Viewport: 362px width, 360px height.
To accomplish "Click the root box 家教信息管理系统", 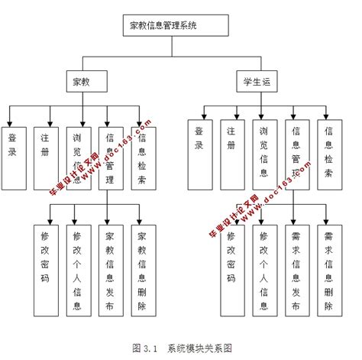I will coord(174,25).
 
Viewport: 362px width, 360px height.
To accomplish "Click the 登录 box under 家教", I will coord(14,157).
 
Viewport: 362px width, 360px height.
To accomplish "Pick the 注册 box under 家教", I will coord(45,157).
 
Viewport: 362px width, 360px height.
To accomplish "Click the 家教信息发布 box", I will coord(110,269).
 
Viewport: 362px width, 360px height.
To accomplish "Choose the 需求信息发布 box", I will coord(296,269).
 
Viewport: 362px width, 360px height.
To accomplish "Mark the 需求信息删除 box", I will coord(328,269).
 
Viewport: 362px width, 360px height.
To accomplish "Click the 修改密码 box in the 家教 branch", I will coord(45,269).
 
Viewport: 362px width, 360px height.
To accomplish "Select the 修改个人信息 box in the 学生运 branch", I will coord(263,269).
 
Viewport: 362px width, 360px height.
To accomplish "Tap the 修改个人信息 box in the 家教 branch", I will coord(77,269).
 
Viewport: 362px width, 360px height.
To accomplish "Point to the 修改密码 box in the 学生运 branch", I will coord(231,269).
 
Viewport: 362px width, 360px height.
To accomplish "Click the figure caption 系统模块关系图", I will coord(200,347).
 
